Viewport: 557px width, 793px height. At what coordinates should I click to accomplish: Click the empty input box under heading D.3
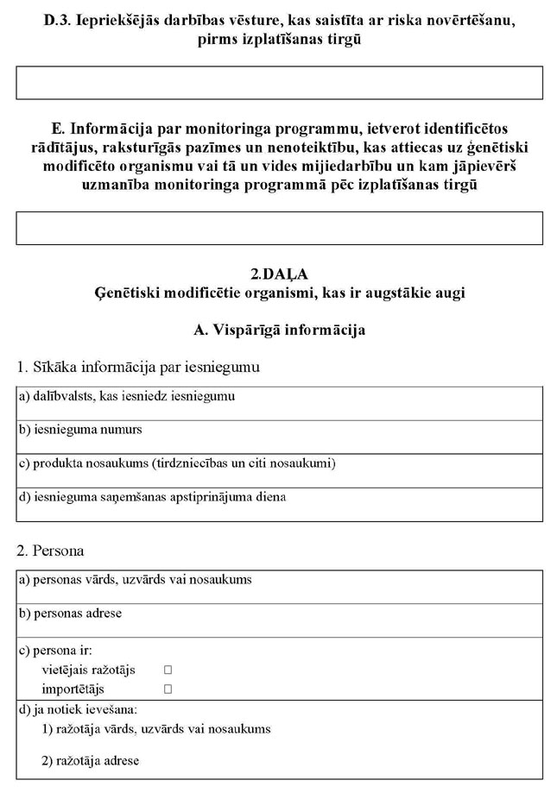(280, 83)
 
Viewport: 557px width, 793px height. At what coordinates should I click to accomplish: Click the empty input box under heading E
(280, 228)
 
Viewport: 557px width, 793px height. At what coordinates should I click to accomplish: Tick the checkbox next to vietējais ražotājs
(168, 670)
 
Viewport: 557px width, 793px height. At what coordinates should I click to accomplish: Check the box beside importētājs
(168, 689)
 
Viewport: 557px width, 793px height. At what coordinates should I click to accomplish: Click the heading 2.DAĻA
(280, 274)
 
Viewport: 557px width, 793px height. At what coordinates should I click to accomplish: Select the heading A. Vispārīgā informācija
(280, 330)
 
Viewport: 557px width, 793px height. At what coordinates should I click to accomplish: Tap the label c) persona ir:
(55, 650)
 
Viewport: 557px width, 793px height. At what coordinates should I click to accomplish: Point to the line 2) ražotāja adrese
(90, 761)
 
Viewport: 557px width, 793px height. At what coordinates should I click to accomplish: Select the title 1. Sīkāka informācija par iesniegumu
(138, 367)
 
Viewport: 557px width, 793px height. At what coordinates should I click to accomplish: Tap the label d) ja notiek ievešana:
(78, 709)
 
